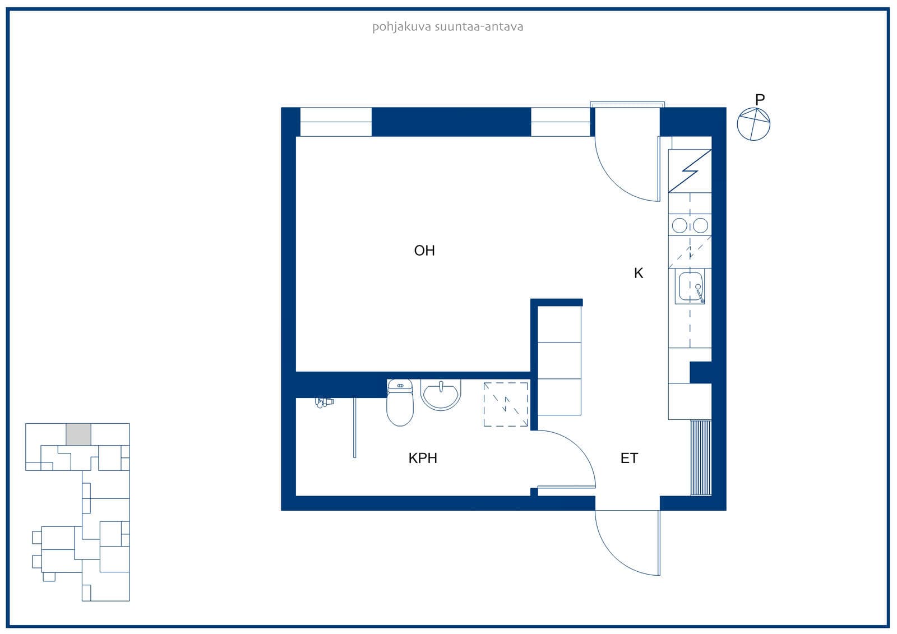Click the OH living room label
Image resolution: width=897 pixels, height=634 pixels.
(x=424, y=251)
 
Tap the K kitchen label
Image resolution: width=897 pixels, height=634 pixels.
(x=639, y=273)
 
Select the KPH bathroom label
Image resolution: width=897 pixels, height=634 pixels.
(x=423, y=458)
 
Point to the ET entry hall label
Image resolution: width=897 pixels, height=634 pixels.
(x=629, y=458)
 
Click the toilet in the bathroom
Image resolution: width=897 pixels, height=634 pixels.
(x=400, y=402)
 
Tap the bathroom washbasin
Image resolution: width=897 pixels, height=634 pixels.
(x=441, y=395)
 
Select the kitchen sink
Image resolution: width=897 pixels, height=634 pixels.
(x=690, y=286)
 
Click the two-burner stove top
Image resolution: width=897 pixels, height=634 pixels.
(x=690, y=225)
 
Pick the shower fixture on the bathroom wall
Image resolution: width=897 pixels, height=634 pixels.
(x=324, y=402)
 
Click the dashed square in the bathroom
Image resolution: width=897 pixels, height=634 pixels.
(x=506, y=404)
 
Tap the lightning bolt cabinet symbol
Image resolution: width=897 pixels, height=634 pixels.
(x=690, y=171)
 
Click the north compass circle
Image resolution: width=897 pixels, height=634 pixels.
(x=753, y=124)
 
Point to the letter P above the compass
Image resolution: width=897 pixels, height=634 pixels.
(x=760, y=99)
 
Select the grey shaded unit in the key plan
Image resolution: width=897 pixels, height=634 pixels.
(x=78, y=434)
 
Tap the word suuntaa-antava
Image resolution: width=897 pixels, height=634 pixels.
(x=479, y=27)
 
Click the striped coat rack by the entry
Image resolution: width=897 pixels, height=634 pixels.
(x=701, y=458)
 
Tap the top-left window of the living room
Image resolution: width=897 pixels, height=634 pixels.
(x=336, y=122)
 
